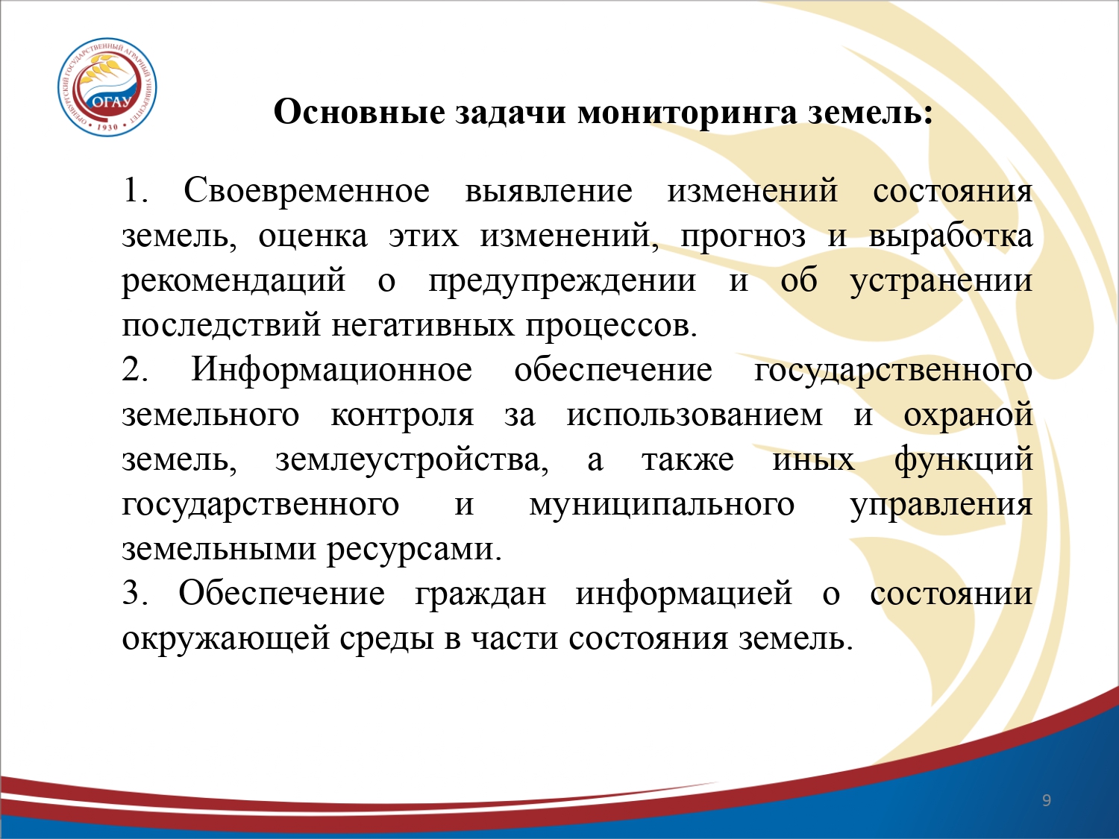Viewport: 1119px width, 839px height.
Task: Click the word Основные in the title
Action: pos(360,112)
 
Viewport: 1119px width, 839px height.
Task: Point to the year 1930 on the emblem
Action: pos(107,126)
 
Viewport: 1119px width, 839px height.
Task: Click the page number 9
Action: pos(1047,800)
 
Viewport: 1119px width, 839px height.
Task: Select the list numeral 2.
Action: pos(134,369)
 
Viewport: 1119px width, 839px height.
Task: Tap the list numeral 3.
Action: pos(134,593)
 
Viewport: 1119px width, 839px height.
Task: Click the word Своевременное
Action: pos(307,190)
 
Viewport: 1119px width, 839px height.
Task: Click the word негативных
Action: pos(423,326)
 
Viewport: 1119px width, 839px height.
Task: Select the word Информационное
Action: pos(331,369)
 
